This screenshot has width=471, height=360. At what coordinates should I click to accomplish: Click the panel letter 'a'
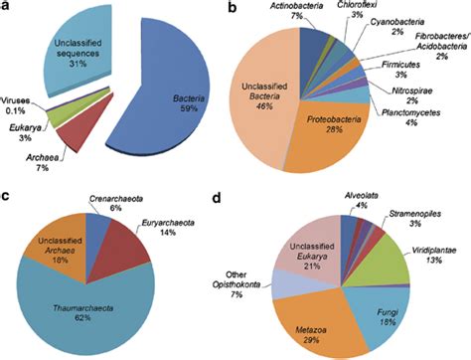tap(7, 9)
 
